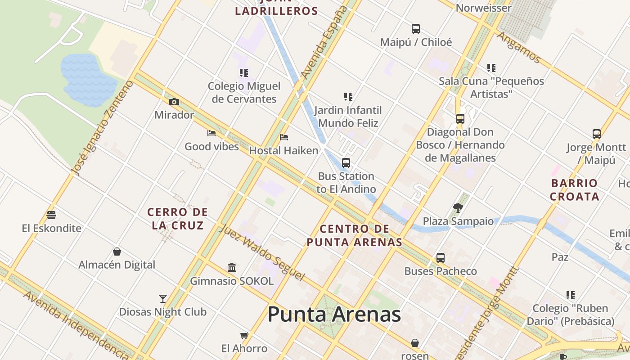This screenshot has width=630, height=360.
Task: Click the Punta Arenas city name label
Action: tap(334, 314)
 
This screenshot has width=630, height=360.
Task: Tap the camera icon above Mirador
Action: tap(174, 102)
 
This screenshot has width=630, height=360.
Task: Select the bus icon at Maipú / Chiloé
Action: tap(416, 29)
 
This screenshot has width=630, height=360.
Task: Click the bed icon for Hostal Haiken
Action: tap(283, 137)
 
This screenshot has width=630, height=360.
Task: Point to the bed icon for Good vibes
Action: tap(211, 133)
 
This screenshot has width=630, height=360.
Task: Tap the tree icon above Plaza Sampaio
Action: tap(458, 207)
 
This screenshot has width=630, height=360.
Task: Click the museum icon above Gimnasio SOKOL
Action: tap(232, 268)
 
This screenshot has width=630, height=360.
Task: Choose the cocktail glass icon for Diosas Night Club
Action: tap(163, 299)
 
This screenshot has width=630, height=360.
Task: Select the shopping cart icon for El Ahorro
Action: tap(244, 335)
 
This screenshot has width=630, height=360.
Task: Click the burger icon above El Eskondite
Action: tap(51, 215)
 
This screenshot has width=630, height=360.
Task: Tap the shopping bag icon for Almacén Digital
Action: tap(117, 252)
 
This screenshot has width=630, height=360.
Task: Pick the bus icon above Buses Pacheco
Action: tap(441, 258)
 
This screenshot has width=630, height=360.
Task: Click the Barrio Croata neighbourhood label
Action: tap(575, 190)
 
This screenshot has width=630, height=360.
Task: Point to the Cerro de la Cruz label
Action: tap(178, 219)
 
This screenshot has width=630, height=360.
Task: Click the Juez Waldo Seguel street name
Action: tap(262, 252)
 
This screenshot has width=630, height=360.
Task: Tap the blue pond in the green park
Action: tap(88, 80)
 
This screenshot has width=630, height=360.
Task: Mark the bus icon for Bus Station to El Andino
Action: tap(346, 163)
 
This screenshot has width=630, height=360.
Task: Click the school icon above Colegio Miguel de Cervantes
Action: tap(244, 73)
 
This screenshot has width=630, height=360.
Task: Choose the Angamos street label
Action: tap(518, 47)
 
